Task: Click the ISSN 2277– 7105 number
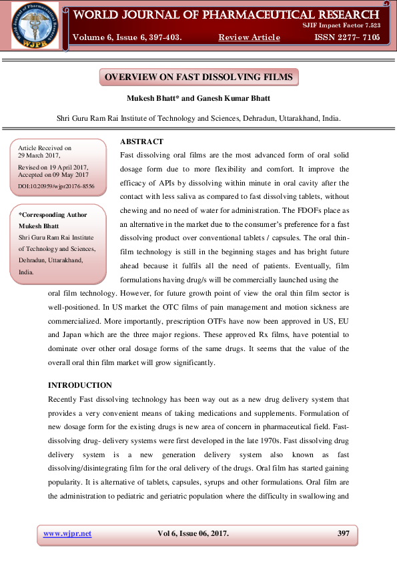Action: point(347,37)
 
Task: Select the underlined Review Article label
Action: point(249,37)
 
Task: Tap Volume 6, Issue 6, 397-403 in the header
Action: point(127,37)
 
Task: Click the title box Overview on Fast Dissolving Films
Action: point(198,77)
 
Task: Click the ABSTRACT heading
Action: point(141,142)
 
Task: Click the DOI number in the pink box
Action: point(57,186)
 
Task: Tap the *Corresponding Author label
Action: point(53,215)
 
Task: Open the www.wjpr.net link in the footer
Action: point(67,533)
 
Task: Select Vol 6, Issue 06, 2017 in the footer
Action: point(193,533)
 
